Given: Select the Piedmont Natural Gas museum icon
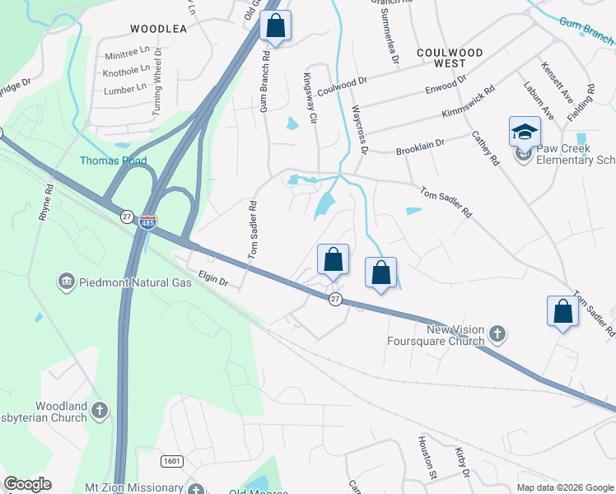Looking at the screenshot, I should click(65, 282).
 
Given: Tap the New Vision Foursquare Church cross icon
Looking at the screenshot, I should click(496, 334).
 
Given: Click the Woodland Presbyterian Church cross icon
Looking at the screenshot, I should click(99, 409).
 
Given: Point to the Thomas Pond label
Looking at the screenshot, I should click(106, 161).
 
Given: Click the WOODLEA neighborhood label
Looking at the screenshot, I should click(159, 28).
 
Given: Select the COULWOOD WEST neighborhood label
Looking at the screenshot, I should click(449, 58).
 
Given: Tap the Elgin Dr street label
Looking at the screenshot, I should click(213, 279).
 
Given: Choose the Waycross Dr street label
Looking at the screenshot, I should click(360, 128).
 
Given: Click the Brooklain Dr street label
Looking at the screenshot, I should click(420, 146).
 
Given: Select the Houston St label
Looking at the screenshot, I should click(426, 458).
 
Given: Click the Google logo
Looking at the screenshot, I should click(27, 484).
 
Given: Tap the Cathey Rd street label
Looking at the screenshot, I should click(485, 149).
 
